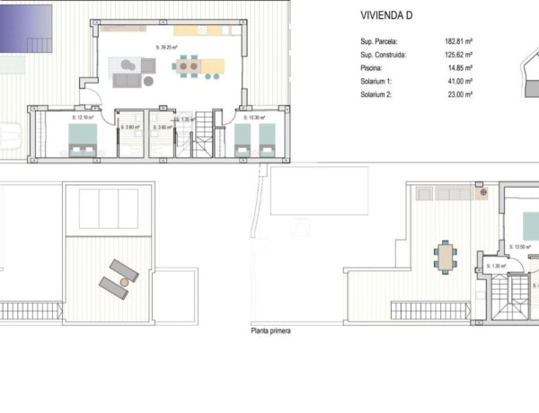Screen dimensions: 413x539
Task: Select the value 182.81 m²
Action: pos(460,41)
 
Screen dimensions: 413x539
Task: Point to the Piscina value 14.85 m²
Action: pos(462,68)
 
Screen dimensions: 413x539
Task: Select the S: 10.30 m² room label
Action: pos(255,117)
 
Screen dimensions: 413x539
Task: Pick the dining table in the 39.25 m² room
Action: pos(188,66)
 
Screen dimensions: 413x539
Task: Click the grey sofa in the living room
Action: pos(128,81)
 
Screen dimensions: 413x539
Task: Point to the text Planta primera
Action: pos(271,330)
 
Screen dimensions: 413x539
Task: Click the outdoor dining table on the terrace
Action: pos(444,259)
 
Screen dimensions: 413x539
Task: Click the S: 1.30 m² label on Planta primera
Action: pos(495,267)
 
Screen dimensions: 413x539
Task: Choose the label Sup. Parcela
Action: pos(379,41)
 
